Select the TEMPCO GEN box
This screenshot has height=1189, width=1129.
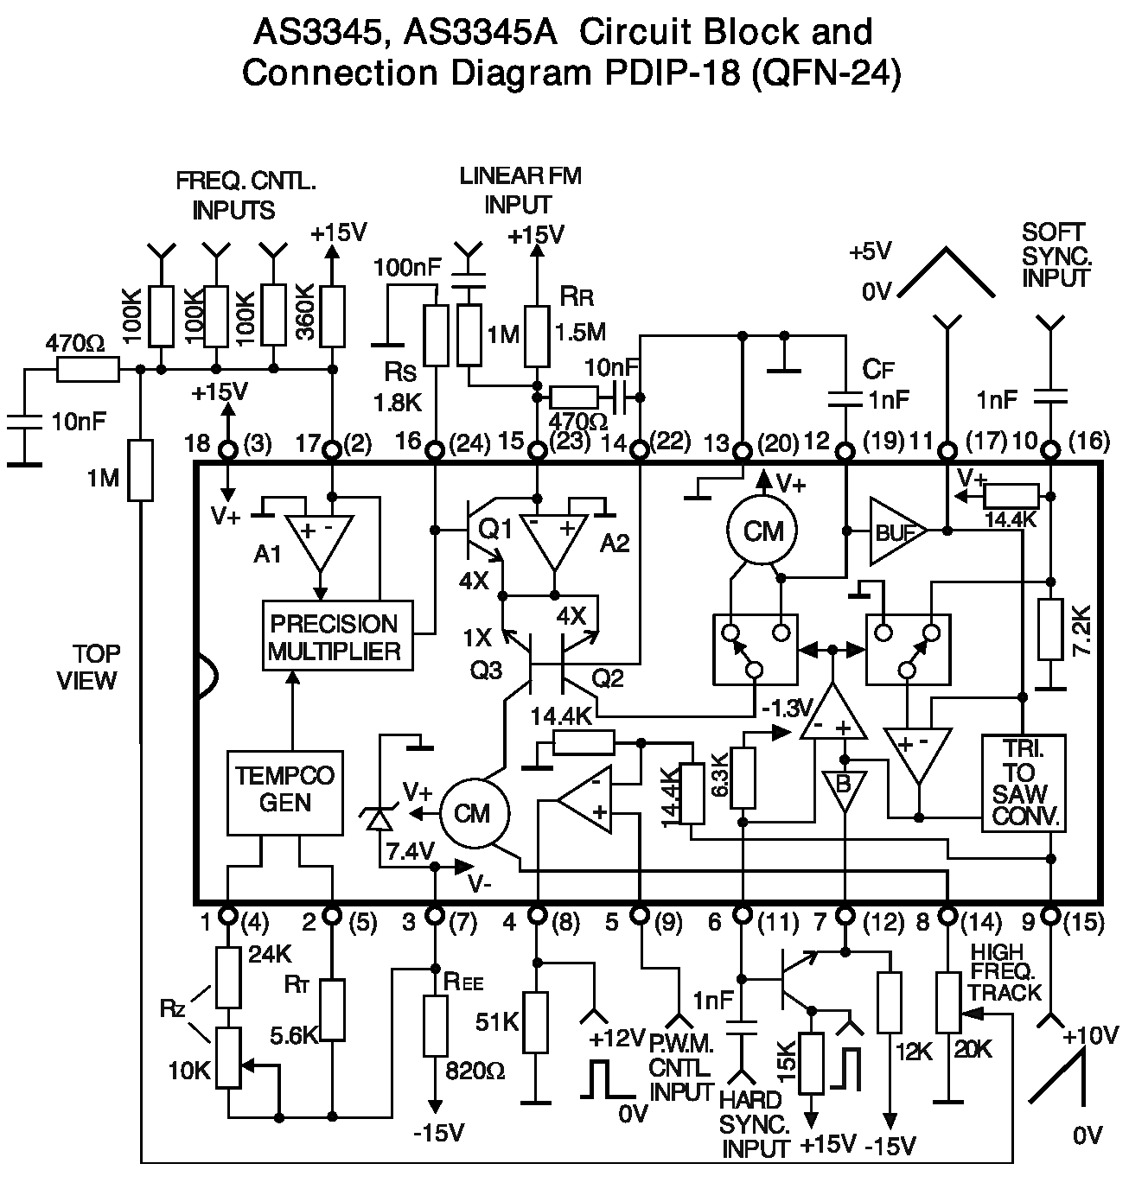click(285, 791)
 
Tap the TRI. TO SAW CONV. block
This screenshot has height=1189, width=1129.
click(1024, 783)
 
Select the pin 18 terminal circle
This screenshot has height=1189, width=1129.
click(228, 449)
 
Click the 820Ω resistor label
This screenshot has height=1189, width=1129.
click(475, 1071)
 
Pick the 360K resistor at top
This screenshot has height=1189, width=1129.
click(332, 317)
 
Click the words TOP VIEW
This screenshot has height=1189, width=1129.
click(86, 666)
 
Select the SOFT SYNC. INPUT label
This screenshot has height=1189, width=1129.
click(1055, 256)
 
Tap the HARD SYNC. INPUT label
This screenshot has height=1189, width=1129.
click(755, 1124)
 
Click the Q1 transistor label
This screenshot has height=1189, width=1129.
click(494, 529)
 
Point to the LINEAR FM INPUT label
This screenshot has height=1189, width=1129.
click(520, 190)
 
